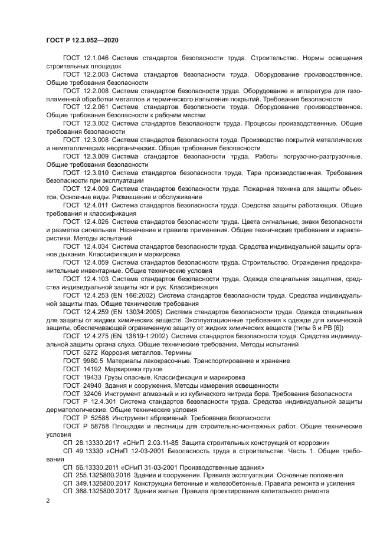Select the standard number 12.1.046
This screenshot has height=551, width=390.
(x=95, y=59)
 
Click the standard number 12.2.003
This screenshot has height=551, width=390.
(x=95, y=75)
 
